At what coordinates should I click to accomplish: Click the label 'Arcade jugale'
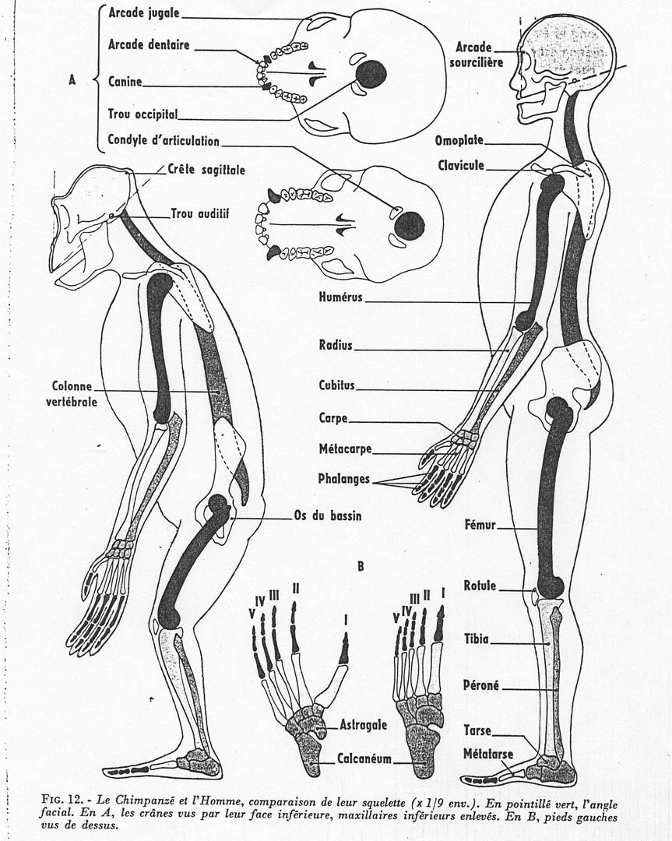[144, 13]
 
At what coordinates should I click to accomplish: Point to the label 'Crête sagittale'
[206, 169]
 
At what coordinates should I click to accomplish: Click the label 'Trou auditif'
[200, 213]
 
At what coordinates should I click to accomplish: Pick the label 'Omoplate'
[459, 141]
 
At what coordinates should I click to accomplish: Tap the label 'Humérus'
[341, 297]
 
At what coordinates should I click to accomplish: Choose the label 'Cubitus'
[336, 385]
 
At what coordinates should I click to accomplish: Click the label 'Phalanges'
[343, 478]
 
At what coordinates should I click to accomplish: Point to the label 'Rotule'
[480, 586]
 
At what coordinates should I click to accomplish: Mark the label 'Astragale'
[363, 724]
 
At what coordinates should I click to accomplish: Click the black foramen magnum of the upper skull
[371, 74]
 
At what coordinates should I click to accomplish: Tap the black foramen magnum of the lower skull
[409, 226]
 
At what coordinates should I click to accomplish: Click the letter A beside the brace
[72, 79]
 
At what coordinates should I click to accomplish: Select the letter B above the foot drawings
[361, 566]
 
